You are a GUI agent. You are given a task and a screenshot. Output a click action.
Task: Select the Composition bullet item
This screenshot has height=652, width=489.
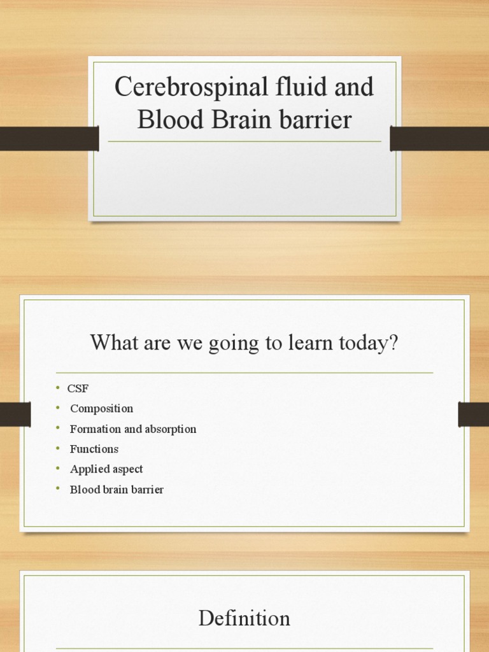point(101,409)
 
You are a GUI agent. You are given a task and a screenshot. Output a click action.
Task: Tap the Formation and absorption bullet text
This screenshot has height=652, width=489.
point(133,429)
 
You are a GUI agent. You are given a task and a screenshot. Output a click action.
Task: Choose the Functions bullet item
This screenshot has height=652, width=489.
point(94,450)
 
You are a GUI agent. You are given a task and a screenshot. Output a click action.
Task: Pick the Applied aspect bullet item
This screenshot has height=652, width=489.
point(106,469)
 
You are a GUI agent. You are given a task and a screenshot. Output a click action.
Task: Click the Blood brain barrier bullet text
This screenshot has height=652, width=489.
point(117,490)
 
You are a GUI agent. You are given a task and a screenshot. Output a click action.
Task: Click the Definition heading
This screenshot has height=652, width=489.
point(244,618)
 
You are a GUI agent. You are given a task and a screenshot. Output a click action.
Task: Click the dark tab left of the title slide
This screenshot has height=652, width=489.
point(49,139)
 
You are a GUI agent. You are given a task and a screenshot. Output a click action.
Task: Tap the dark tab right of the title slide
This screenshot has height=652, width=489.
point(439,139)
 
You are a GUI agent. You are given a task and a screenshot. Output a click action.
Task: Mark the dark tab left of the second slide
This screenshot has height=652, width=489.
point(15,415)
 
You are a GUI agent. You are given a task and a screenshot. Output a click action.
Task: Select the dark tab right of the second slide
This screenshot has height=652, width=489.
point(473,415)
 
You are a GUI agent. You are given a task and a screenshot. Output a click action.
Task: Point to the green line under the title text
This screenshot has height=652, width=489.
point(244,141)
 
